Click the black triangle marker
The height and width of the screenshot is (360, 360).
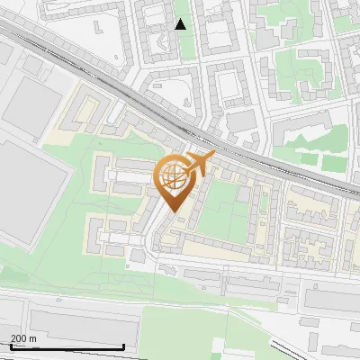click(x=181, y=24)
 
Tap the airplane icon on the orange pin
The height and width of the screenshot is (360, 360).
click(x=199, y=164)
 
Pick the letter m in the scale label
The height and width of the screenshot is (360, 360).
click(x=32, y=338)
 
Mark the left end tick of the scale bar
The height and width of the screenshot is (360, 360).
click(x=10, y=346)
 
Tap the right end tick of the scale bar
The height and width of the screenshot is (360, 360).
click(x=123, y=346)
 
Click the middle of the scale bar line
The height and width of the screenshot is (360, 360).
click(x=67, y=346)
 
